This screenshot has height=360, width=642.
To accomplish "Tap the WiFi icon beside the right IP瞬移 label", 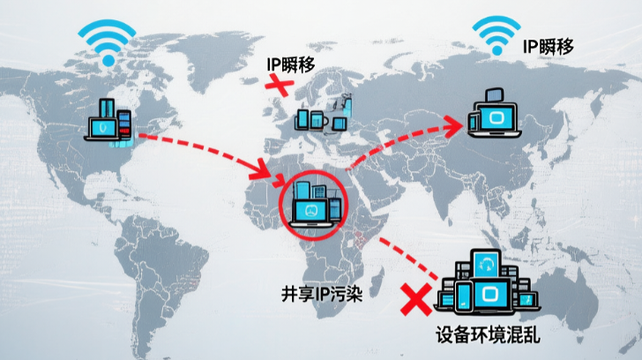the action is pyautogui.click(x=496, y=36).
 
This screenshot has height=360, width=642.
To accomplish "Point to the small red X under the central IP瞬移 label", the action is pyautogui.click(x=280, y=85).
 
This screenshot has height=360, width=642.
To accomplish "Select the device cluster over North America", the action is pyautogui.click(x=110, y=123).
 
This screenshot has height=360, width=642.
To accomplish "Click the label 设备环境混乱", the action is pyautogui.click(x=488, y=336).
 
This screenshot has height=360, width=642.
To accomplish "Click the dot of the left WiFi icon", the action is pyautogui.click(x=107, y=60).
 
